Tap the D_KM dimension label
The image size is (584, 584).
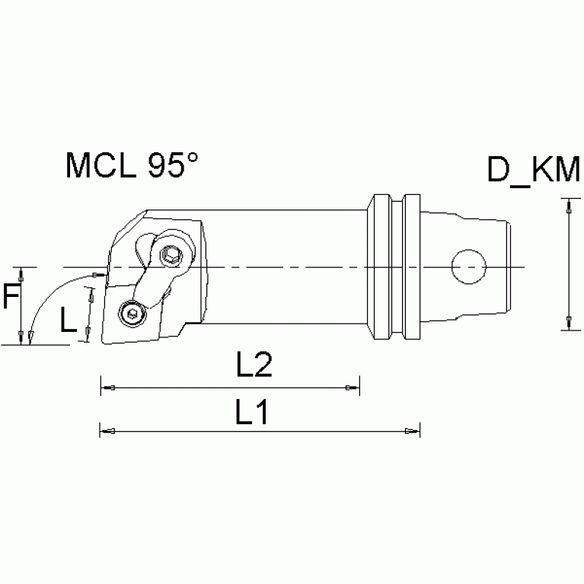click(x=533, y=171)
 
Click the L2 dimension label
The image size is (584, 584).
click(x=254, y=367)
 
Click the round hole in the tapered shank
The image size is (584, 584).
click(x=468, y=267)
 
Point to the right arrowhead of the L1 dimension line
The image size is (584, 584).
click(x=413, y=432)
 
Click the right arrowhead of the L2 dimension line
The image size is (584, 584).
click(x=353, y=388)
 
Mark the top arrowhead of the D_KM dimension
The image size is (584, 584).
click(x=566, y=203)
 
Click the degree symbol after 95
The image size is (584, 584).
click(x=193, y=157)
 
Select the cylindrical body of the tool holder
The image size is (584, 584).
click(x=289, y=266)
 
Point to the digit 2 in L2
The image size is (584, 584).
click(x=263, y=367)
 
